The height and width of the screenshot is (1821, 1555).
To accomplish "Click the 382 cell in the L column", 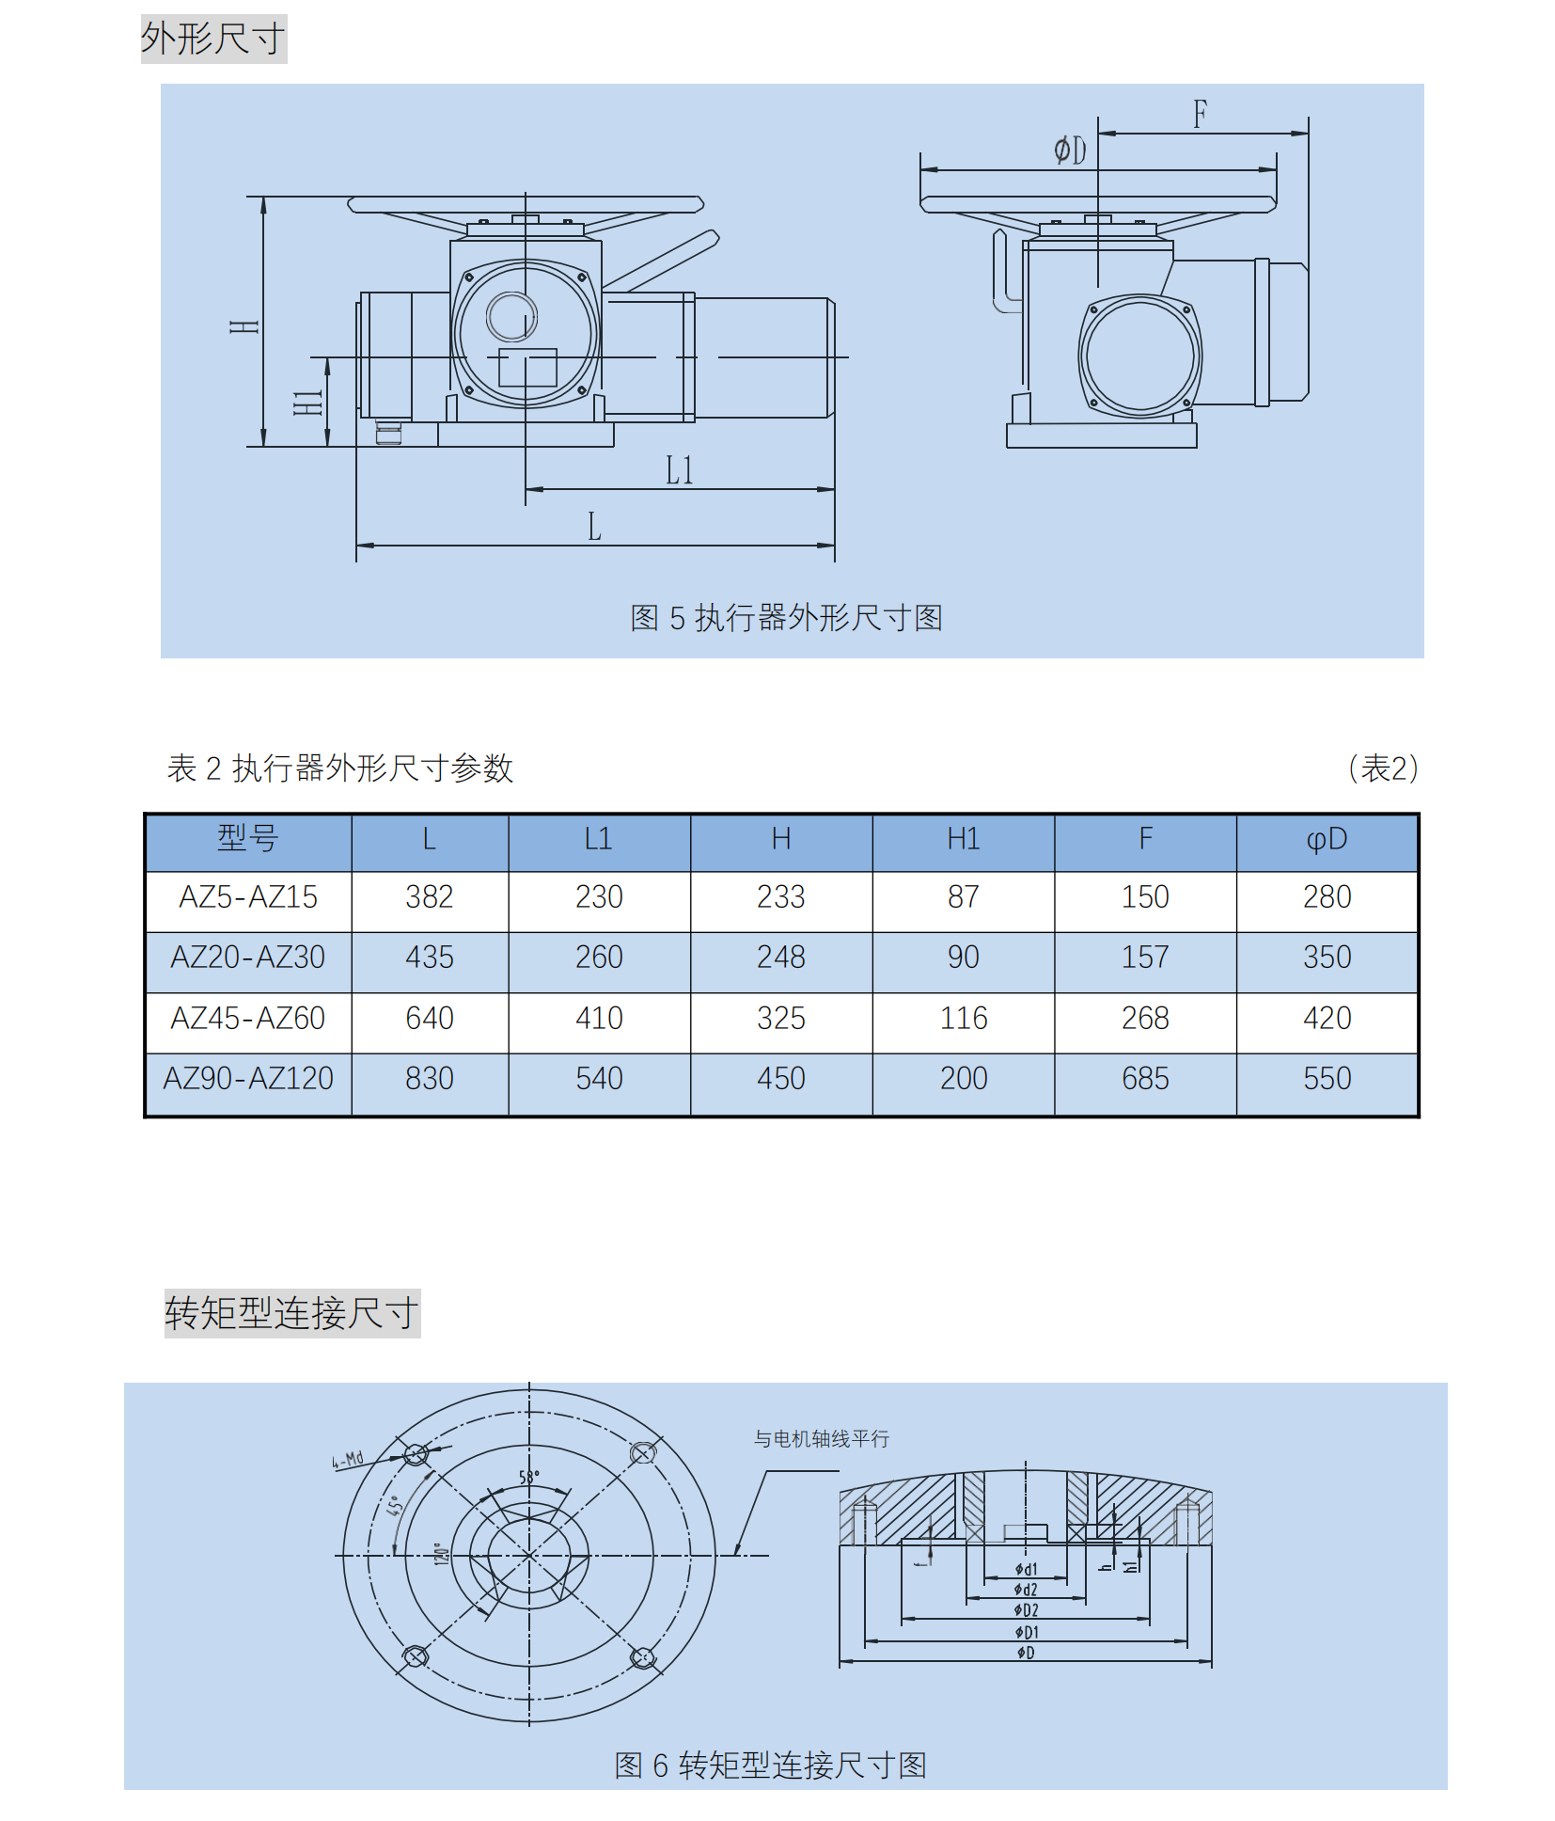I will (429, 896).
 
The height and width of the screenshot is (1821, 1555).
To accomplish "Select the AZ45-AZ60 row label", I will (247, 1018).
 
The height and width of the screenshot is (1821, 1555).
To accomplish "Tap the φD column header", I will (1327, 838).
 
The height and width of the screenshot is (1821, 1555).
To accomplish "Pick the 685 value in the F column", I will (1145, 1078).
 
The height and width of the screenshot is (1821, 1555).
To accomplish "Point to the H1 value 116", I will (964, 1018).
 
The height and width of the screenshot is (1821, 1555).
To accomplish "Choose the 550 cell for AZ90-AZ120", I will (1327, 1078).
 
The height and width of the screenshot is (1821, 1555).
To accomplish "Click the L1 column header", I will (598, 838).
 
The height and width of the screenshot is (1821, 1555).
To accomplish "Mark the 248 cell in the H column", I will (780, 957).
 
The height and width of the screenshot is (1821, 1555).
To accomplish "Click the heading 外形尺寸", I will (213, 39).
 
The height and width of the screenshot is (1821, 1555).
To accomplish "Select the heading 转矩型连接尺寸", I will (291, 1313).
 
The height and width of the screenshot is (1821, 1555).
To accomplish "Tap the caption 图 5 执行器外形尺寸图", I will (786, 618).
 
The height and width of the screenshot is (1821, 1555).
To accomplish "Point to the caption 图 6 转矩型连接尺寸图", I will (770, 1766).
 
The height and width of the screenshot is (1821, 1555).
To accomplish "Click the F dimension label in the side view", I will (1200, 115).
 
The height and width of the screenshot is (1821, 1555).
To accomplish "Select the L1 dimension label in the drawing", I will (679, 470).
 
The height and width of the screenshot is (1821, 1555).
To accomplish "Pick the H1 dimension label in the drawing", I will (308, 403).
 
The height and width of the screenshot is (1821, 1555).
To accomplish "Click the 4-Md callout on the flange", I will (347, 1460).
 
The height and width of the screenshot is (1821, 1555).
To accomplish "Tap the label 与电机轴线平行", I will (821, 1439).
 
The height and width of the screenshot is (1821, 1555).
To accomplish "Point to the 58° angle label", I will (529, 1478).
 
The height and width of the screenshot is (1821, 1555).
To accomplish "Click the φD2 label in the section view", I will (1026, 1610).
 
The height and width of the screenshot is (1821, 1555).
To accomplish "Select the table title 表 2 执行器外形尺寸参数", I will (339, 768).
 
